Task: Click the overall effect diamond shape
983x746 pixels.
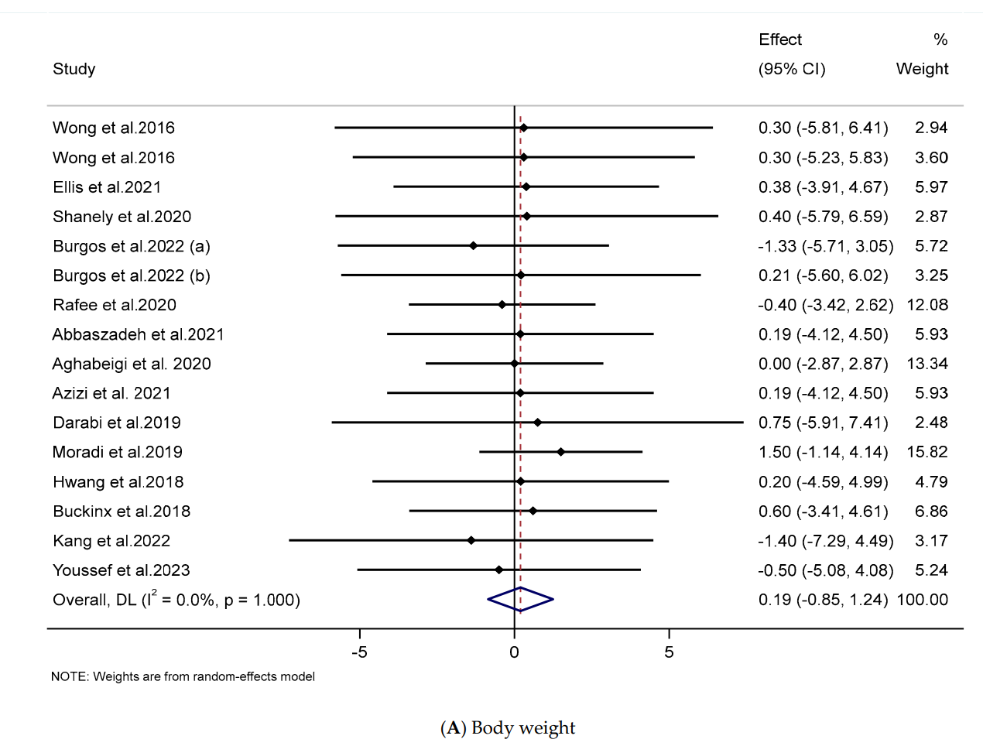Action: [x=520, y=600]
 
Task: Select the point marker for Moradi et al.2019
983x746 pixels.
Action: [x=560, y=452]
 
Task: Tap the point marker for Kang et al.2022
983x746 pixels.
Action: [x=471, y=540]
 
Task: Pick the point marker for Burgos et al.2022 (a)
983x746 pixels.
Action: [x=473, y=246]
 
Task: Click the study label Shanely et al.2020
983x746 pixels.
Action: [x=122, y=217]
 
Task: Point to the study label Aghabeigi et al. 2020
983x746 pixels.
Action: [x=132, y=364]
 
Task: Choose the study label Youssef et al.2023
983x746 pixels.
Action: [x=121, y=570]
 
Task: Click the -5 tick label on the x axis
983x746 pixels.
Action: [x=359, y=652]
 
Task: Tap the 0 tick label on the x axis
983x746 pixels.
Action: [x=514, y=652]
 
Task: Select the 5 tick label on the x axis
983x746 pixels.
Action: [x=669, y=652]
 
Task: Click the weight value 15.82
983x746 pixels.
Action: [x=927, y=452]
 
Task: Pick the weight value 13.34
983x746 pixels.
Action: [x=927, y=364]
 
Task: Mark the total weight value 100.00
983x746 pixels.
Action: [x=922, y=600]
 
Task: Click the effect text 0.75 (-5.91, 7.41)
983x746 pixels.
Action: [x=823, y=423]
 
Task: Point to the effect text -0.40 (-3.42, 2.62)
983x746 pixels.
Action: [x=825, y=305]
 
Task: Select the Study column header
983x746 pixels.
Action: [x=74, y=69]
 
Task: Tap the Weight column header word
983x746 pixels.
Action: [x=922, y=69]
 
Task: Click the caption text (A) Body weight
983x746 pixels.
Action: [x=508, y=728]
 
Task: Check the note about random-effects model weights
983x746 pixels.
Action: [x=183, y=676]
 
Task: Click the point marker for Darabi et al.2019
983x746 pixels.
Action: [x=537, y=423]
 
